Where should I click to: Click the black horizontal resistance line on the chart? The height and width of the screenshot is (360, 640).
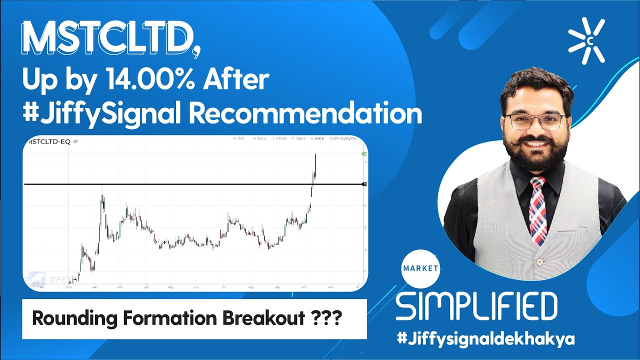pos(190,184)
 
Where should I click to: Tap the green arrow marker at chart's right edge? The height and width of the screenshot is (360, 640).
pos(363,153)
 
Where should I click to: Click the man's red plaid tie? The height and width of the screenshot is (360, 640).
pos(538,210)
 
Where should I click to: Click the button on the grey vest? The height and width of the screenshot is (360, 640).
pos(539,261)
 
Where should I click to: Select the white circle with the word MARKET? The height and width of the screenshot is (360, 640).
pos(420,268)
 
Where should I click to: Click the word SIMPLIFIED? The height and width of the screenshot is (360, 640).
pos(476,306)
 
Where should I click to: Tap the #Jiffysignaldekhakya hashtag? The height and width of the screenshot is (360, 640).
pos(485,338)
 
